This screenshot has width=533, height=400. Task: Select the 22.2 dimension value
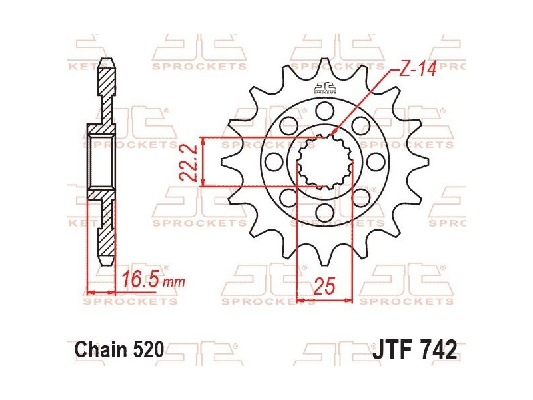tap(189, 162)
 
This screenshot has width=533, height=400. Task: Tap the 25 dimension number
tap(323, 287)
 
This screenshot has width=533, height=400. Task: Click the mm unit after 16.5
tap(174, 283)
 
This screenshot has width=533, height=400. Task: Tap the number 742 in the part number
tap(437, 349)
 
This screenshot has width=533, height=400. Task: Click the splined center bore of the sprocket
tap(324, 161)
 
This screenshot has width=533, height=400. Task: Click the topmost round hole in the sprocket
tap(324, 109)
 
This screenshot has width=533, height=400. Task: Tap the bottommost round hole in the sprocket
tap(324, 213)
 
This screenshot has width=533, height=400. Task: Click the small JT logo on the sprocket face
tap(324, 87)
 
